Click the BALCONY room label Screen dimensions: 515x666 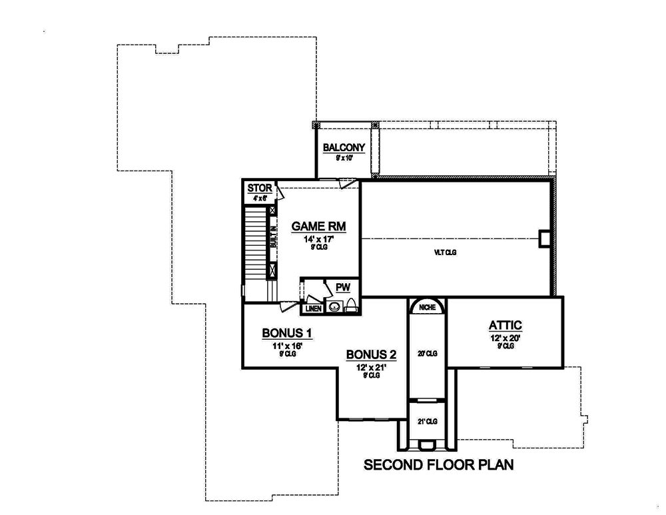click(x=343, y=147)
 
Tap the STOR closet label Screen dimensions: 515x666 click(x=260, y=189)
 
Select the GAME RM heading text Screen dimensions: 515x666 click(x=317, y=227)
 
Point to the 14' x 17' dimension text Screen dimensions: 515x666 click(x=317, y=239)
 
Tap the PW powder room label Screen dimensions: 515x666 click(x=343, y=288)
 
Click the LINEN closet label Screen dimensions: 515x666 click(x=313, y=308)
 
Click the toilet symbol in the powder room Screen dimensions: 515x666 click(x=351, y=307)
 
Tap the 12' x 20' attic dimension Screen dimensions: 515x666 click(x=505, y=338)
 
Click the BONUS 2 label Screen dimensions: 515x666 click(x=371, y=354)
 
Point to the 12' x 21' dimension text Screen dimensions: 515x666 click(x=371, y=367)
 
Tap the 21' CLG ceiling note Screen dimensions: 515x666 click(x=426, y=422)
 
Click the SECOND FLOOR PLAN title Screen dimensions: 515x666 click(x=438, y=464)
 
